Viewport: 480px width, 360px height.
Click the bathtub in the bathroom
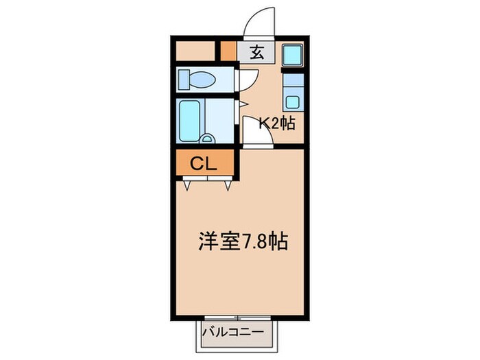coord(189,121)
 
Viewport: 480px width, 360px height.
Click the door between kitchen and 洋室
coord(259,134)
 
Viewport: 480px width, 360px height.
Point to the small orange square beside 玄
coord(228,52)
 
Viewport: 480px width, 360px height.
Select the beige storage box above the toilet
coord(196,51)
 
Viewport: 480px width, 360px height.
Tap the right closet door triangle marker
coord(228,183)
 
